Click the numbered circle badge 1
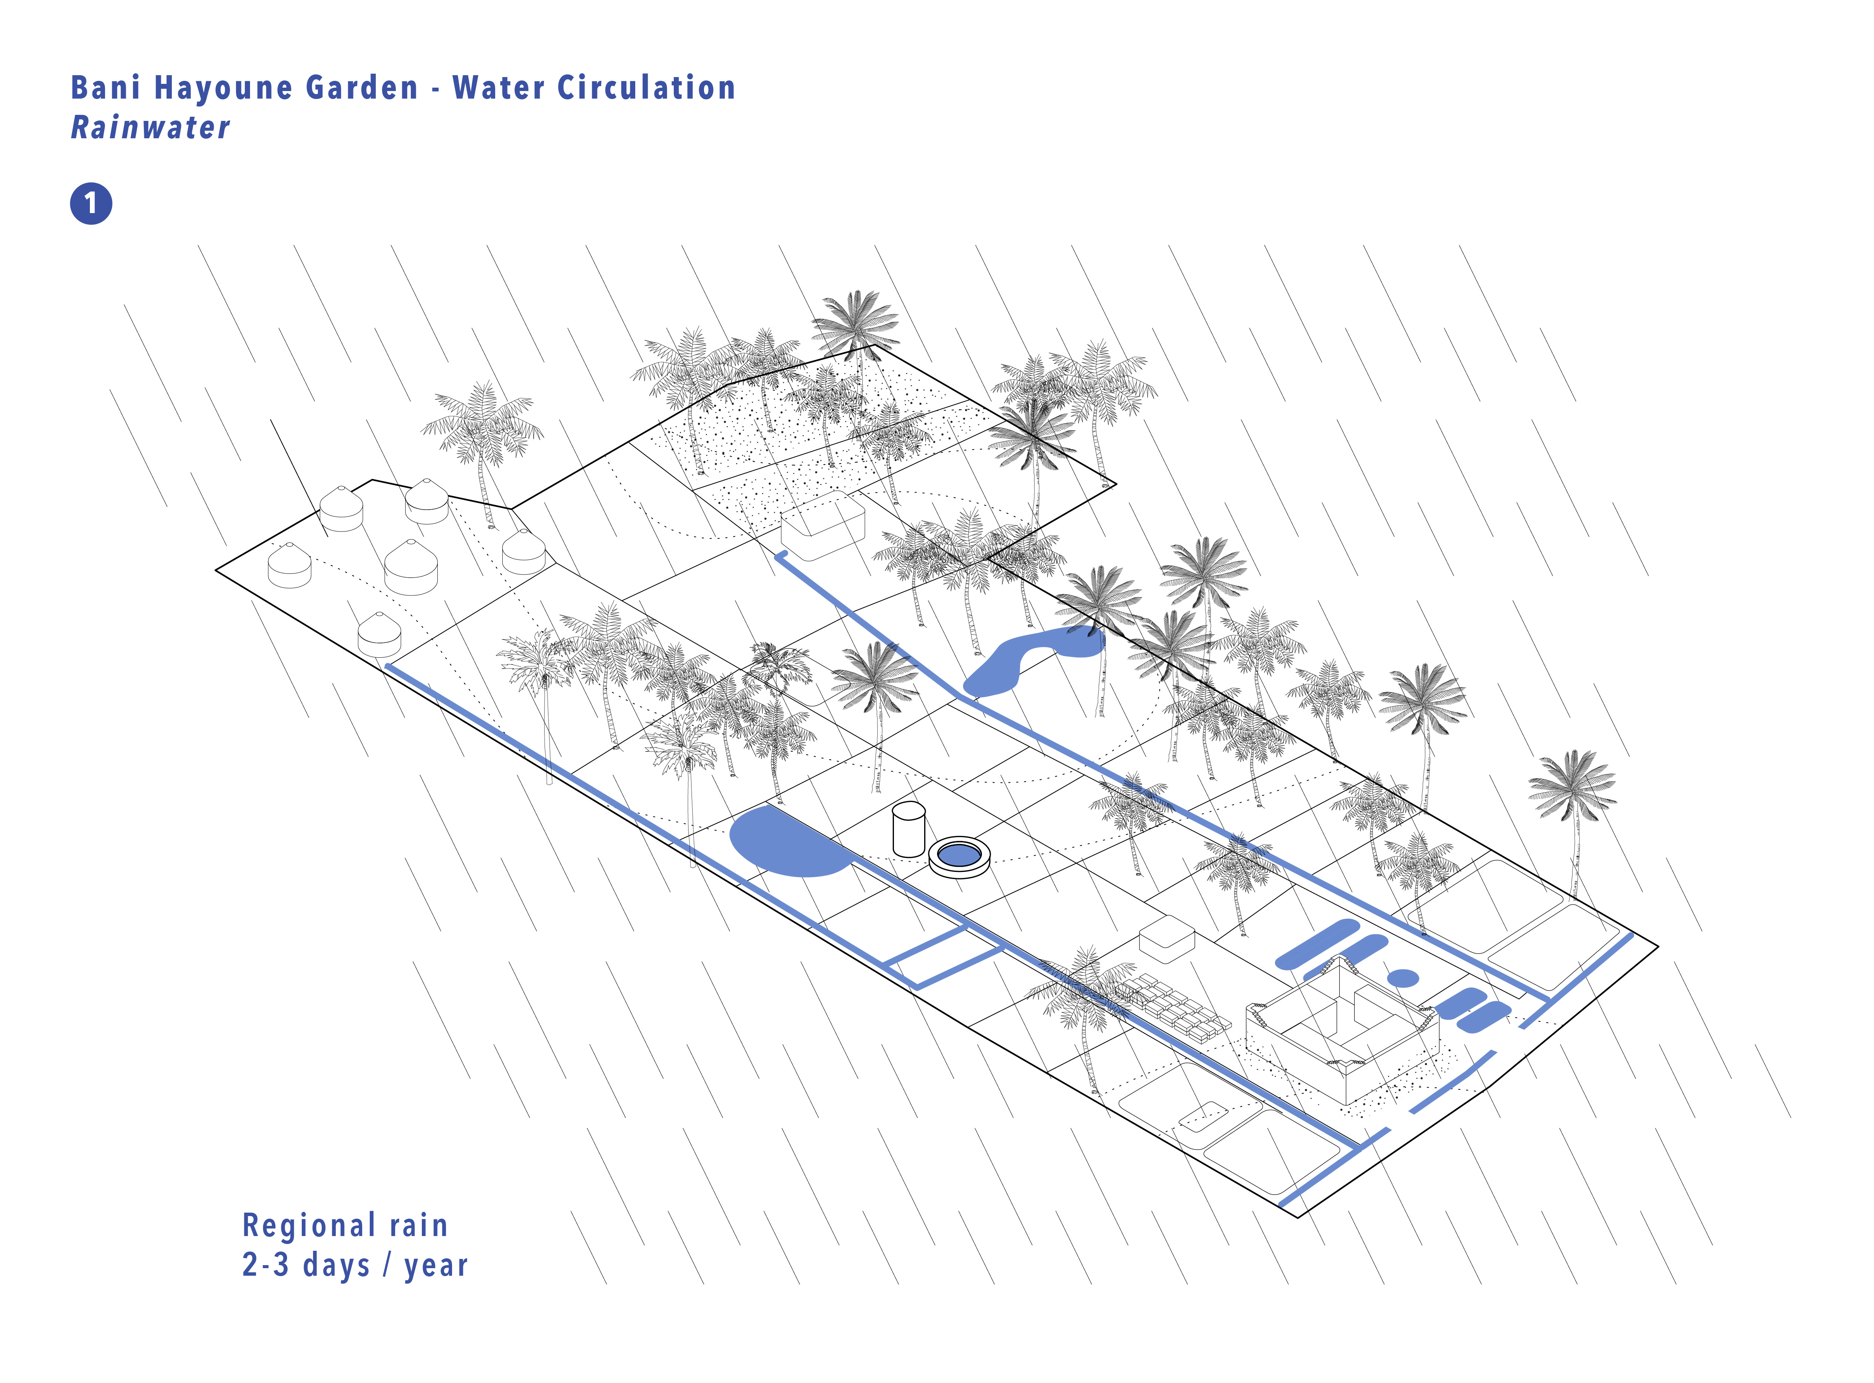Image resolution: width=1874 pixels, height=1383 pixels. [x=90, y=204]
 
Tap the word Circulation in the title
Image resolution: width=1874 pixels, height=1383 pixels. [x=646, y=88]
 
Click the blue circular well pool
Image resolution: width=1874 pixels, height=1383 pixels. [x=959, y=855]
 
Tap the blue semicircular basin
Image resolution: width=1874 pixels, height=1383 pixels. [x=787, y=844]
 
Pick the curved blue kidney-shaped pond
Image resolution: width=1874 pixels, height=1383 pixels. [x=1030, y=661]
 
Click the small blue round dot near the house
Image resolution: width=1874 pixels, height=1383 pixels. [x=1403, y=978]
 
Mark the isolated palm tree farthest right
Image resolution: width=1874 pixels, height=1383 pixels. [x=1572, y=795]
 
